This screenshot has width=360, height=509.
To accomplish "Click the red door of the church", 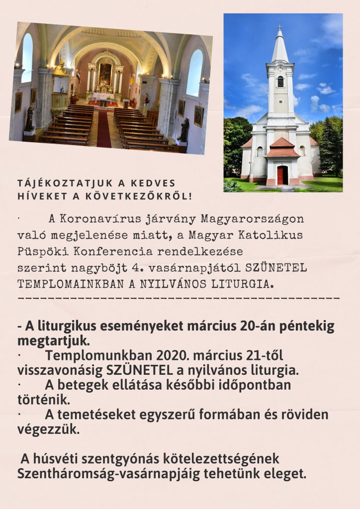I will (x=282, y=175).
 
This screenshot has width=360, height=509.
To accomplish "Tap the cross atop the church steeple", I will (x=279, y=27).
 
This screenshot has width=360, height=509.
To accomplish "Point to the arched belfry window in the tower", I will (x=280, y=82).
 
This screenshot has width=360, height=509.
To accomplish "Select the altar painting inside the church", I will (x=105, y=74).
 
